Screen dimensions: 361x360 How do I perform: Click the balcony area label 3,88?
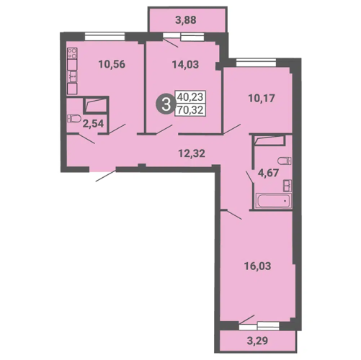pos(186,20)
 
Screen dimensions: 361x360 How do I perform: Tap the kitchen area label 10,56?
pos(112,64)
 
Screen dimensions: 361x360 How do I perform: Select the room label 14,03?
pos(185,65)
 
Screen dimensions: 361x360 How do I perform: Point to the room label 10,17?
pos(262,99)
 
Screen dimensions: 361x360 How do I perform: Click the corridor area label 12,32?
pos(192,153)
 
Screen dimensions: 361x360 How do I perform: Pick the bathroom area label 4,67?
pos(268,173)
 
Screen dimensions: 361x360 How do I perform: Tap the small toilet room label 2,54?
pos(93,124)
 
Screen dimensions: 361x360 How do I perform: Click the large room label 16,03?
pos(257,266)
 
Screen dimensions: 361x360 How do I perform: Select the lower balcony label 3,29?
pos(257,341)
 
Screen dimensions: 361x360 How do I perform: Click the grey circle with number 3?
pos(166,105)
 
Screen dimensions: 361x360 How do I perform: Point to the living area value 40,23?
pos(190,96)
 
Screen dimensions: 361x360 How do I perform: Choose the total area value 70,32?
pos(190,110)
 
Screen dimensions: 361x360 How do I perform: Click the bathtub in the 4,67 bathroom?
pos(273,201)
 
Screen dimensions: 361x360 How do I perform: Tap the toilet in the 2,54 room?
pos(74,119)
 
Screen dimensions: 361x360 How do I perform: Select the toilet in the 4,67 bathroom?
pos(285,161)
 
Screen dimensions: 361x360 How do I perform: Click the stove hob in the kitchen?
pos(72,53)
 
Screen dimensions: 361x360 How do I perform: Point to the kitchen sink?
pos(72,76)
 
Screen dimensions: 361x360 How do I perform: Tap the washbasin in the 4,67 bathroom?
pos(288,186)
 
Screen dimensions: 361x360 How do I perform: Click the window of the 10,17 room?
pos(257,63)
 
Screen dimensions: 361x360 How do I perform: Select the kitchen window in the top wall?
pos(104,37)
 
